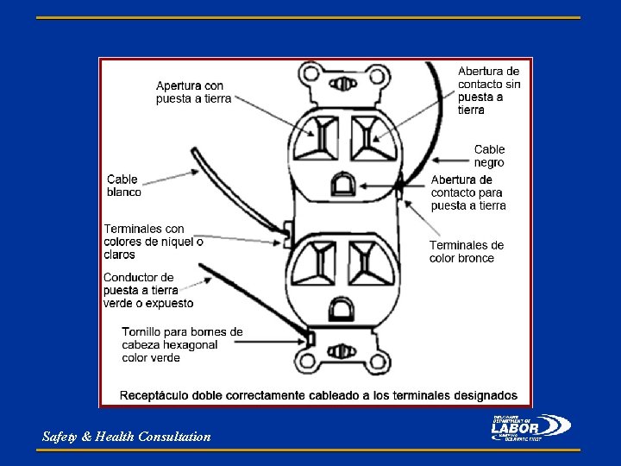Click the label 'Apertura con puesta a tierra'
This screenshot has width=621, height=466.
pos(193,92)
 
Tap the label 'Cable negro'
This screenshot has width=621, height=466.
pos(489,155)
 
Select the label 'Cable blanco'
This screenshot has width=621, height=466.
pos(124,186)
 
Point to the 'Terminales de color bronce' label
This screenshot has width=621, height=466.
pos(467,251)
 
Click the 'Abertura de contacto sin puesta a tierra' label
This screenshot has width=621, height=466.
pos(489,90)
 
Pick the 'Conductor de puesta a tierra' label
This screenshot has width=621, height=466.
pos(147,290)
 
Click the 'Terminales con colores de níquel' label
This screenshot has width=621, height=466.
pos(154,242)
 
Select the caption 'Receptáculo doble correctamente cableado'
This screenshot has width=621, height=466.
pos(318,395)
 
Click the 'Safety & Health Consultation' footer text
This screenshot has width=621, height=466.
pos(127,437)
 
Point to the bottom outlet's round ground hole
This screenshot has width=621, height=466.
pos(342,308)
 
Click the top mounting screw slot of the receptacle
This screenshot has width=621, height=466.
pos(342,84)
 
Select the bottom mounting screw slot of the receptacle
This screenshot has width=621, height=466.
pos(342,352)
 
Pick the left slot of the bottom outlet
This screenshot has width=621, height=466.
pos(317,261)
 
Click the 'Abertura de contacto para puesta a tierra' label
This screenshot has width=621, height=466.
pos(468,192)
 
